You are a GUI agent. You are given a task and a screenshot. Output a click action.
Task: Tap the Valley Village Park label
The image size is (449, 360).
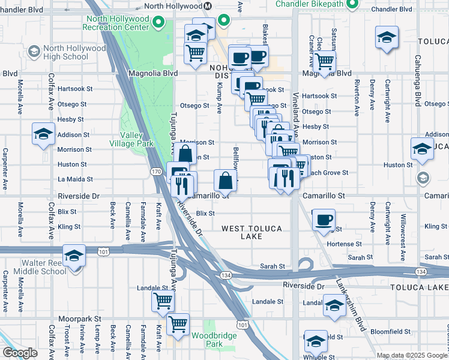tap(131, 139)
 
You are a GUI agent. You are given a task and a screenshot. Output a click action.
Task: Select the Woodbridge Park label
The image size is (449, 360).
tap(206, 340)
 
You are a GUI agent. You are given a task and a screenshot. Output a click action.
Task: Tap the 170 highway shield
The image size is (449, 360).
tap(156, 172)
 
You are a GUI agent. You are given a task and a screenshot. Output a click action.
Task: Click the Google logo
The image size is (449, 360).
tap(20, 353)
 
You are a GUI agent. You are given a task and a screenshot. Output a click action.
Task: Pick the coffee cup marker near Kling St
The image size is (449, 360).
tap(324, 219)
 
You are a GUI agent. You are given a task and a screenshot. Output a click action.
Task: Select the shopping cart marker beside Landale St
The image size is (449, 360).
tap(163, 301)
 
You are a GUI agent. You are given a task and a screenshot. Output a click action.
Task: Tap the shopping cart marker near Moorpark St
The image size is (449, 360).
tap(178, 324)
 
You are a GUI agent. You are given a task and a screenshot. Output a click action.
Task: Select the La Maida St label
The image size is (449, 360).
tap(74, 179)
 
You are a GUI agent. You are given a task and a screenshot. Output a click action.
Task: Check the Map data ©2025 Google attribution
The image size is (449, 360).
tap(411, 355)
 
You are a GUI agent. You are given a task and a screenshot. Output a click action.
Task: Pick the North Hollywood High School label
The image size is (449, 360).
tap(66, 53)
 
